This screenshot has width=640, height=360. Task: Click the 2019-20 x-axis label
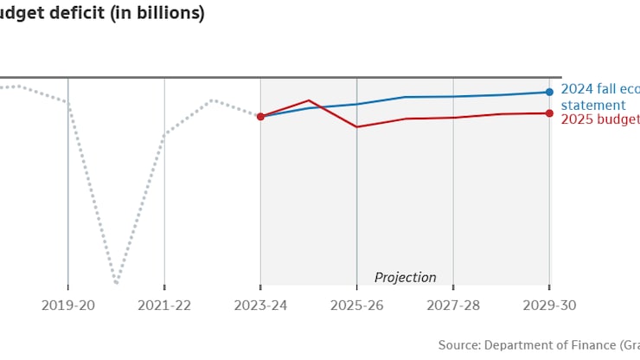pos(68,305)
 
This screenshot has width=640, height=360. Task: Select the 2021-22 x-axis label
pos(164,305)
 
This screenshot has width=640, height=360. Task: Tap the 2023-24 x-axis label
pos(260,305)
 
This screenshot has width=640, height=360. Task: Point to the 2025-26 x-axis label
pos(356,305)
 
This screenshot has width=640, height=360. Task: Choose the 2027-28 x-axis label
pos(452,305)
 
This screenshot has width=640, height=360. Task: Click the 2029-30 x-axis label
pos(548,305)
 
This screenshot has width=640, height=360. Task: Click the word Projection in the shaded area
pos(405,278)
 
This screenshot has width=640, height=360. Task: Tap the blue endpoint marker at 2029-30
pos(549,92)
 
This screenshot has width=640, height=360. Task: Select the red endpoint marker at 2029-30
pos(549,113)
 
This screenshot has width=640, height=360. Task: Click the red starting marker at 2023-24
pos(260,116)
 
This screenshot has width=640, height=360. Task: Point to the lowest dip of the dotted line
pos(116,282)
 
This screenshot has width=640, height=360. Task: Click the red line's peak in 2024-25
pos(309,100)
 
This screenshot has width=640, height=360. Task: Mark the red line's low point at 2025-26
pos(356,127)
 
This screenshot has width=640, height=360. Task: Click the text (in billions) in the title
pos(158,14)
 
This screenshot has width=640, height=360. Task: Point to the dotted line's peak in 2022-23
pos(212,100)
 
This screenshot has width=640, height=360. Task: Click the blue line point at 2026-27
pos(405,97)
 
